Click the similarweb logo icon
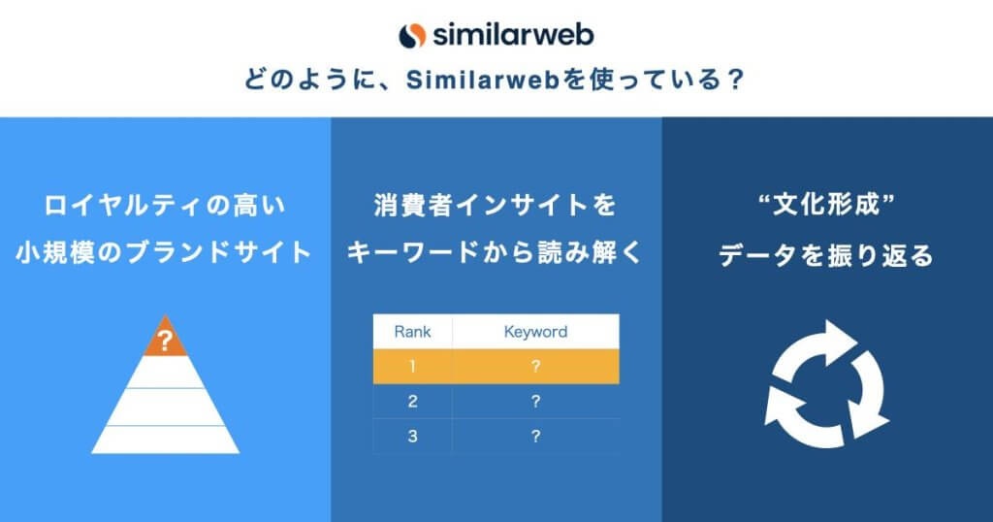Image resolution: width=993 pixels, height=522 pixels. point(411,36)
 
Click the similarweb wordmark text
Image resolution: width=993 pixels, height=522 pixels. point(514,35)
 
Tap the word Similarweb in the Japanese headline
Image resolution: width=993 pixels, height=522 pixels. point(483,80)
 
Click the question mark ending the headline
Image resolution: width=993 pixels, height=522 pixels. point(735,80)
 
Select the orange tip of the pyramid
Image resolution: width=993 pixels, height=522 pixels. point(165,338)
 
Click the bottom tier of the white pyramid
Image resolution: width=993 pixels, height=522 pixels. point(165,440)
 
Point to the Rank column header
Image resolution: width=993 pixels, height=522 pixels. point(412,331)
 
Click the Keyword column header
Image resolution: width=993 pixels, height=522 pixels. point(535,331)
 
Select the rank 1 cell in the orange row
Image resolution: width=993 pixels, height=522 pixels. point(412,366)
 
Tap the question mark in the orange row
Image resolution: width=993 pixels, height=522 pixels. point(535,366)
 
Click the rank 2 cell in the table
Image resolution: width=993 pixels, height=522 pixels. point(412,401)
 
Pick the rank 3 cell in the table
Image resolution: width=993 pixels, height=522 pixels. point(412,436)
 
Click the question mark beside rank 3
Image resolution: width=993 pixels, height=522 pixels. point(535,436)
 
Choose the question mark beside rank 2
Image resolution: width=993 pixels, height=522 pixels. point(535,401)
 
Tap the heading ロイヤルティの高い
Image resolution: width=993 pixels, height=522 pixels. point(165,206)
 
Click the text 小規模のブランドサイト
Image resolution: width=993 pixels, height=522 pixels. point(164,253)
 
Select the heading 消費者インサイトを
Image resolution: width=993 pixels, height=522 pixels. point(496,206)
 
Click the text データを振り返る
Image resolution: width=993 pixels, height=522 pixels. point(826,255)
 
